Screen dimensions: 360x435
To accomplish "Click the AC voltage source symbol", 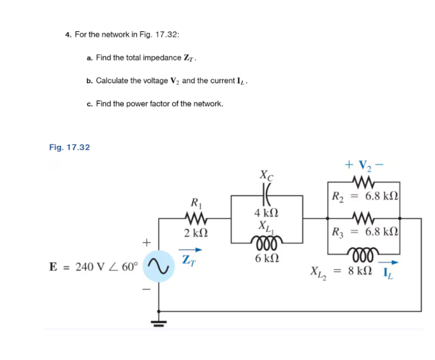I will pyautogui.click(x=159, y=266).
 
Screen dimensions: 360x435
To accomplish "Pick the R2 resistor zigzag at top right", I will pyautogui.click(x=364, y=183).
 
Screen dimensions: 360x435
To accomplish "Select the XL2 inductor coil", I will pyautogui.click(x=364, y=254).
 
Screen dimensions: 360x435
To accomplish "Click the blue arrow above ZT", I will pyautogui.click(x=192, y=250).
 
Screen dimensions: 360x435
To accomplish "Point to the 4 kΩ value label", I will pyautogui.click(x=267, y=213).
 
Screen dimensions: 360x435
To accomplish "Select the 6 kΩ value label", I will pyautogui.click(x=267, y=259).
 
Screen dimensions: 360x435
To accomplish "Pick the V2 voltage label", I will pyautogui.click(x=364, y=165).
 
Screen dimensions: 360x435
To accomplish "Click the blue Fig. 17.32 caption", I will pyautogui.click(x=69, y=147).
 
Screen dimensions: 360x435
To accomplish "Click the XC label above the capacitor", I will pyautogui.click(x=267, y=174).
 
